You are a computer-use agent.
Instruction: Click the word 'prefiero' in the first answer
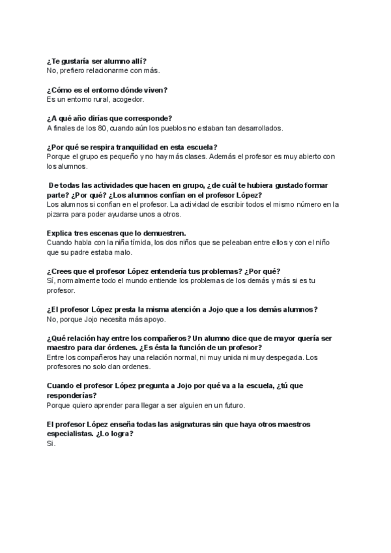coord(72,70)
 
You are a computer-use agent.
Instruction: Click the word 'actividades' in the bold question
coord(117,186)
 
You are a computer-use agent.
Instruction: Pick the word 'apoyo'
coord(154,320)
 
